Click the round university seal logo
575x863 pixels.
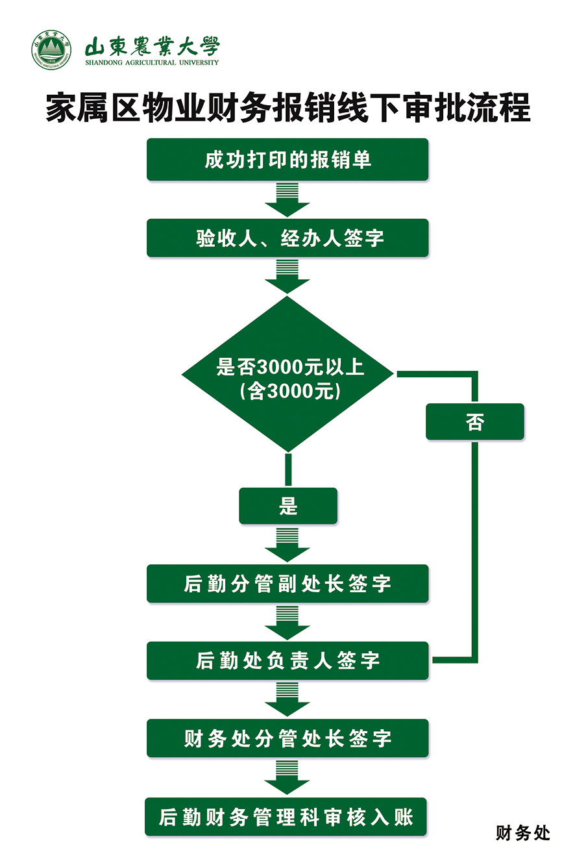(51, 49)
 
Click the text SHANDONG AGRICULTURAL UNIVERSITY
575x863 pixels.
(152, 63)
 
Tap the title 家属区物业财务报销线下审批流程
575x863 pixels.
(287, 107)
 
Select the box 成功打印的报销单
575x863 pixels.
(287, 159)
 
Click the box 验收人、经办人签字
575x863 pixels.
(287, 238)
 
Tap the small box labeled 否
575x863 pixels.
(475, 422)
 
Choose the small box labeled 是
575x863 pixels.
(288, 506)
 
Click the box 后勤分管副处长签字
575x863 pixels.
(287, 583)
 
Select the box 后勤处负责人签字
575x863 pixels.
(287, 660)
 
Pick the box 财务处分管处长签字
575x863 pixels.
(287, 738)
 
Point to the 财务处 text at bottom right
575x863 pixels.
(522, 832)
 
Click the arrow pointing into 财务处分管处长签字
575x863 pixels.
(287, 700)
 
